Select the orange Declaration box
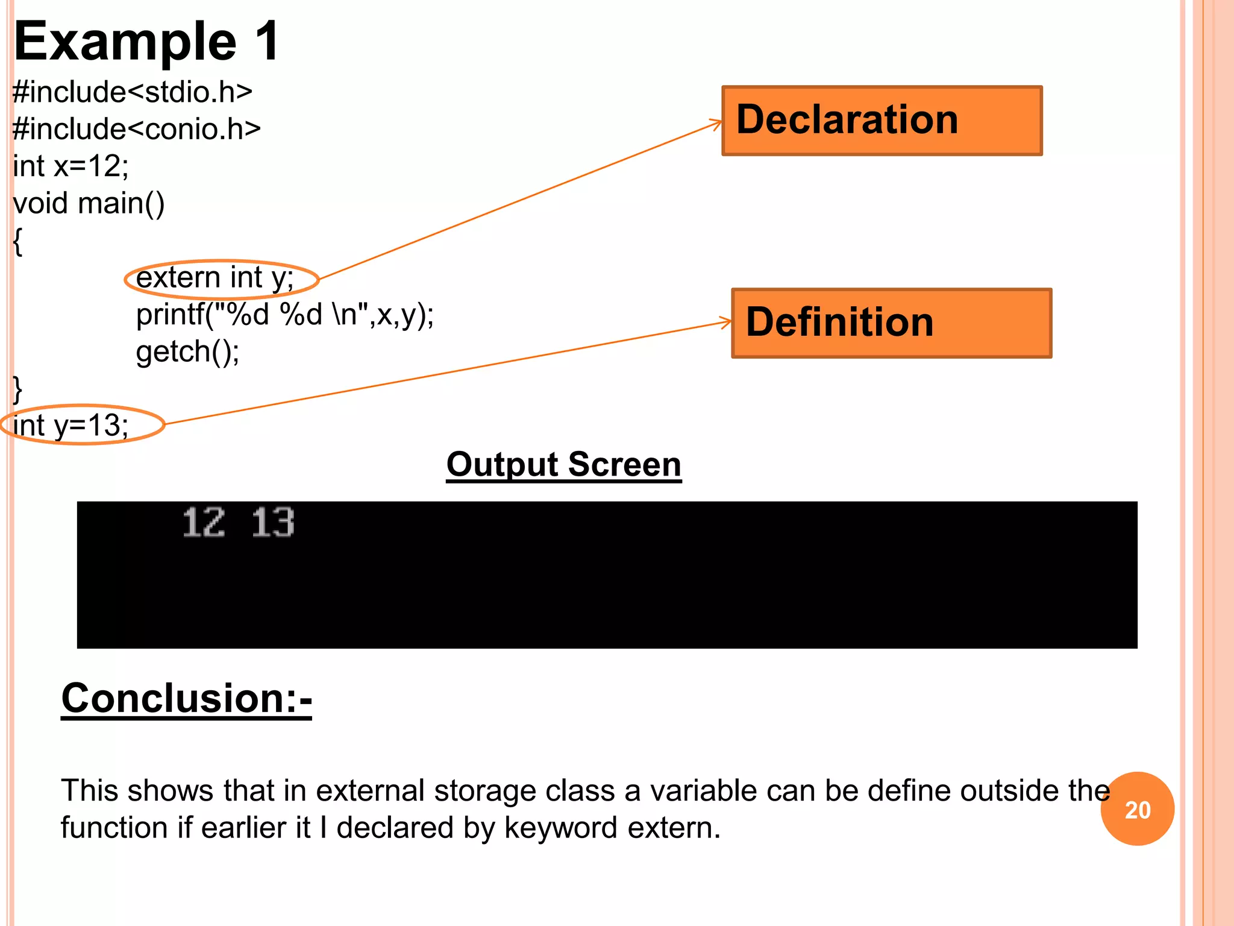(x=882, y=121)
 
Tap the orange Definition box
(x=891, y=323)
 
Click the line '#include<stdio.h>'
(x=133, y=92)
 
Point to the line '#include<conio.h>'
(x=137, y=129)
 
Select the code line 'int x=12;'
(x=70, y=166)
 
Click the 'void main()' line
(x=89, y=203)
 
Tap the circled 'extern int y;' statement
(x=215, y=278)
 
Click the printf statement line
(x=285, y=314)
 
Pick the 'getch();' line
(x=187, y=351)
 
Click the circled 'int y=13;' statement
(x=70, y=425)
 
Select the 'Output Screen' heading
(x=563, y=465)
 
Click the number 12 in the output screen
(x=204, y=522)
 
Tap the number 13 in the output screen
(x=273, y=522)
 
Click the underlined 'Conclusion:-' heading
(x=186, y=698)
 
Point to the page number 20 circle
(x=1137, y=809)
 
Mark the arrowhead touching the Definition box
(x=726, y=323)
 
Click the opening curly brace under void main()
(x=18, y=242)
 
